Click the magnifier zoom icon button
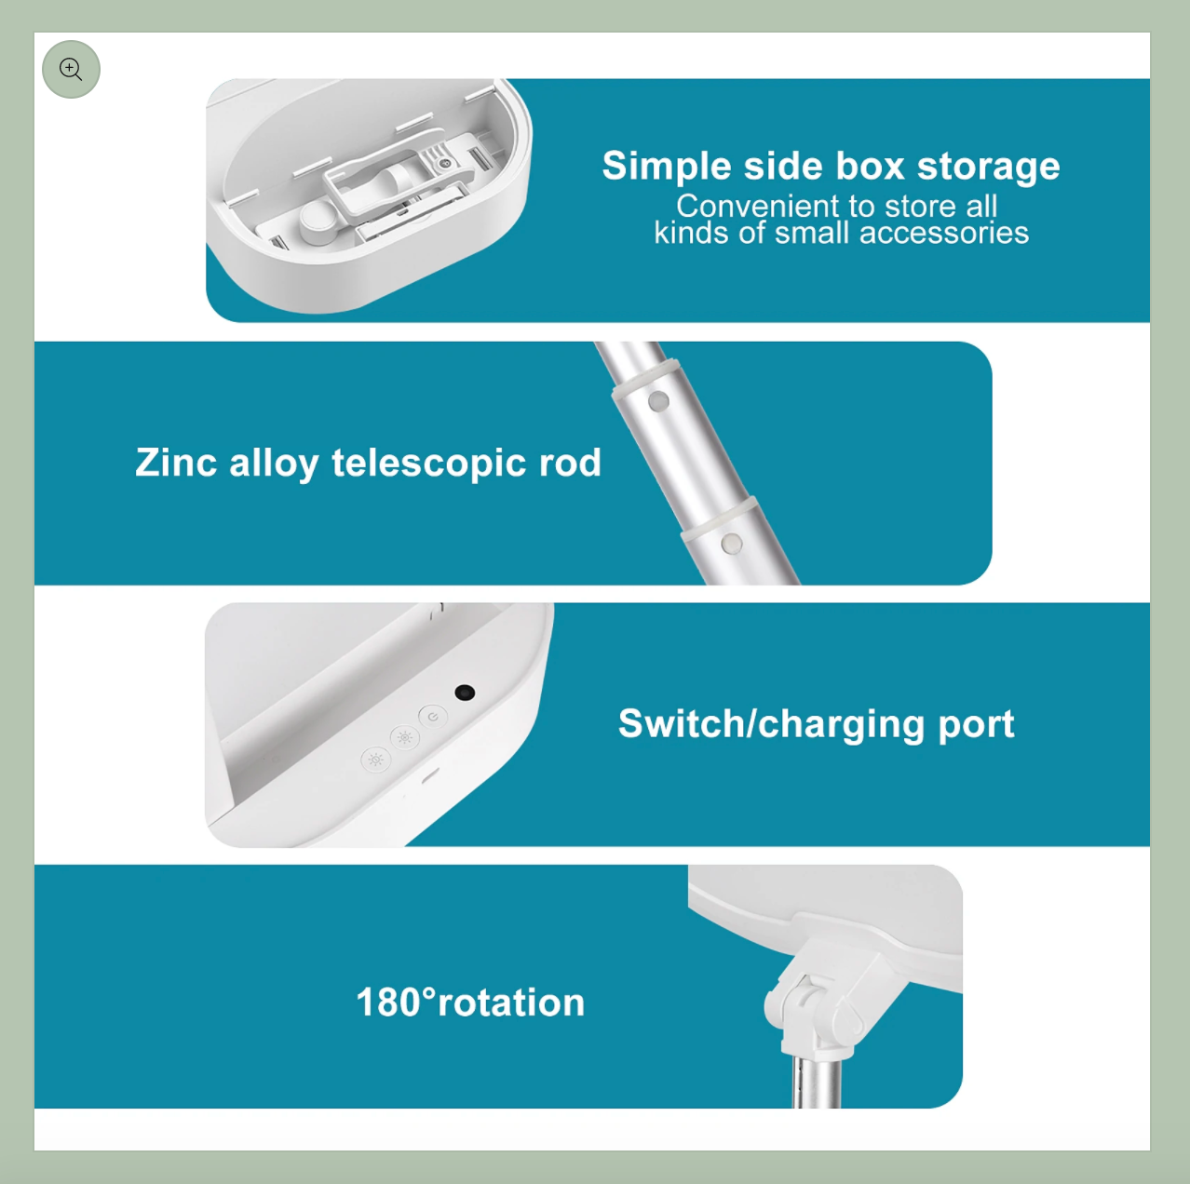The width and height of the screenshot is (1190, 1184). coord(71,69)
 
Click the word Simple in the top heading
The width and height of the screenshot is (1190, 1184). coord(667,167)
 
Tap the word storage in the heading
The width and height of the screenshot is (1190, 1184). coord(988,167)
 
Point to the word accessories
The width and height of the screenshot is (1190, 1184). coord(944,233)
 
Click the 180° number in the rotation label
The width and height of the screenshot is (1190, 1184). coord(396,1002)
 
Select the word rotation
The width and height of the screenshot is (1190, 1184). coord(511,1002)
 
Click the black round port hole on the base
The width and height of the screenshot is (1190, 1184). coord(465,693)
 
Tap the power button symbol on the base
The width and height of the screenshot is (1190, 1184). coord(433,717)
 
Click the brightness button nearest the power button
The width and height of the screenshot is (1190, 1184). coord(405,737)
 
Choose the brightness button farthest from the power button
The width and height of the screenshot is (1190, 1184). coord(375,760)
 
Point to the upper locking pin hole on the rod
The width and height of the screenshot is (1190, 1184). coord(658,401)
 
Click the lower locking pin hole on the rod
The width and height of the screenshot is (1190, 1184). coord(732,544)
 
